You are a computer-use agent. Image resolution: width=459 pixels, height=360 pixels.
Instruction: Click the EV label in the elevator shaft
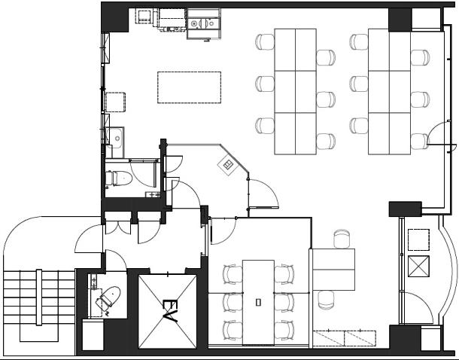click(x=170, y=310)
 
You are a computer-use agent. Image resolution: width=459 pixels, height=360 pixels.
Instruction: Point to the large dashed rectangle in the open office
click(x=189, y=87)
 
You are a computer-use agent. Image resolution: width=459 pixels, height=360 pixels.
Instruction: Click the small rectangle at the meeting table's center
click(x=258, y=302)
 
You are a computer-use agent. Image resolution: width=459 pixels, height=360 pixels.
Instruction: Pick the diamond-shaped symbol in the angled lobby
click(x=227, y=166)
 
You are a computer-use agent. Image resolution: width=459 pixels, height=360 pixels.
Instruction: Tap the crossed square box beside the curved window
click(x=418, y=266)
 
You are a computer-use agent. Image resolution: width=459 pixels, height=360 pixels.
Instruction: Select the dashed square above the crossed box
click(x=418, y=239)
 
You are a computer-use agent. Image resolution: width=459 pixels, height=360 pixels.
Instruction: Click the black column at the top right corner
click(x=400, y=20)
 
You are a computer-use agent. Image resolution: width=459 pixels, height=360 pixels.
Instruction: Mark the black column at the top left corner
click(x=114, y=17)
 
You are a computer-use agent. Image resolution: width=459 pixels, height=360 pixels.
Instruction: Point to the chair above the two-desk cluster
click(x=342, y=239)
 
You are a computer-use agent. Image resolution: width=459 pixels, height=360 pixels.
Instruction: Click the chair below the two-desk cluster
click(x=326, y=300)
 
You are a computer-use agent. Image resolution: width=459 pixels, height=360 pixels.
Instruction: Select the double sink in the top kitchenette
click(x=203, y=23)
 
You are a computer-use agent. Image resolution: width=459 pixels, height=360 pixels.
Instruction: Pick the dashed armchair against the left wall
click(x=115, y=102)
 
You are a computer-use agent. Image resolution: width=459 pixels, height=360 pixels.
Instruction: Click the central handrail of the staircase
click(x=39, y=297)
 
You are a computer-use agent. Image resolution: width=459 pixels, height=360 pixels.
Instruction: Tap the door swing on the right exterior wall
click(x=436, y=133)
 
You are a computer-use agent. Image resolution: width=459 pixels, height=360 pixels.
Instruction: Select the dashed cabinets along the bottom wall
click(x=345, y=338)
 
